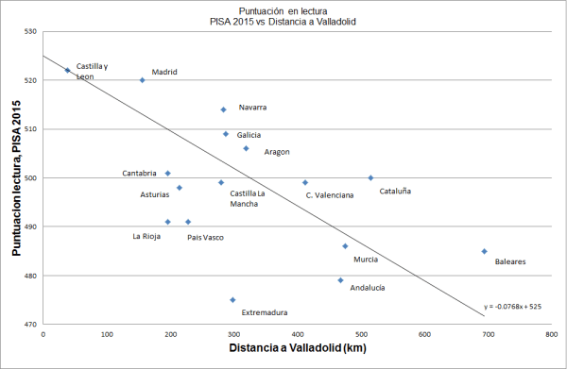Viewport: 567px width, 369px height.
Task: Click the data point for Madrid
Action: point(142,80)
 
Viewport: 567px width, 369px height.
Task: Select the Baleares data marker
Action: point(484,251)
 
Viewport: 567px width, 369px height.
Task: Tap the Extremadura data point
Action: point(232,300)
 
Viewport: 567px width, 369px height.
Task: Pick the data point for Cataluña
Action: point(370,177)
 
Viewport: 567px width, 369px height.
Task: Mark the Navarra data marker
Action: point(223,109)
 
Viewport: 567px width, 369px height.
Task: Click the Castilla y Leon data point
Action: point(67,70)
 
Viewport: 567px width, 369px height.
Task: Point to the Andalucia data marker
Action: point(340,279)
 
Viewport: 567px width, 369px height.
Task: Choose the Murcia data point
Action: point(345,246)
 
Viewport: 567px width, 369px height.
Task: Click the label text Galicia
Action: point(249,135)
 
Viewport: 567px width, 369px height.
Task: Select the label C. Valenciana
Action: point(329,195)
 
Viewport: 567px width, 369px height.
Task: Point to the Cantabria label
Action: point(139,174)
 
